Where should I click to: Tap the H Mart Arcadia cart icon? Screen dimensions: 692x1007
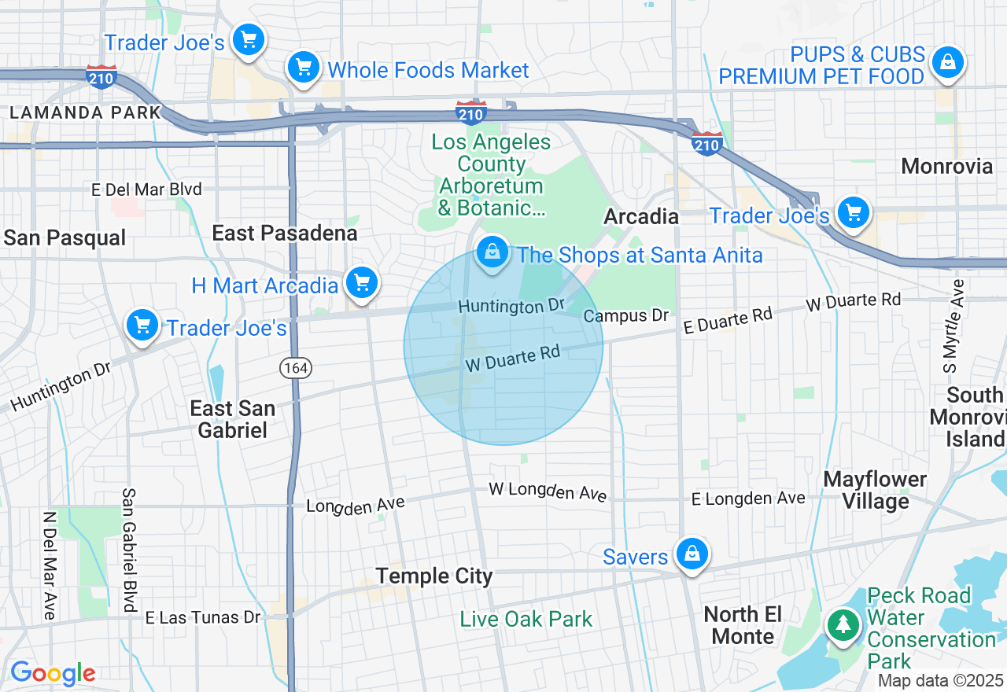click(362, 283)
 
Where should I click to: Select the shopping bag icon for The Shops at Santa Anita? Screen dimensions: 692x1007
click(492, 253)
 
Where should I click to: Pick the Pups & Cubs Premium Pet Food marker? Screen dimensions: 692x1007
click(948, 63)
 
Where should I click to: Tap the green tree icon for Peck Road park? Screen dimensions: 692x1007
click(843, 625)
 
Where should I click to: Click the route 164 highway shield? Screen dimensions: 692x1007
click(297, 367)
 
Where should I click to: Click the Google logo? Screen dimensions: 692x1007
click(53, 673)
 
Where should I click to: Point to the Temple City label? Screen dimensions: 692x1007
click(433, 576)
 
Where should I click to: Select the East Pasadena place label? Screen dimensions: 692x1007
click(285, 233)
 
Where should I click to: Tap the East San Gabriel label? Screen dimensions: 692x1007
click(233, 419)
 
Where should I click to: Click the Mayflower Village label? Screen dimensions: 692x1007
click(875, 490)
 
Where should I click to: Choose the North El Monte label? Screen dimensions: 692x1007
click(743, 625)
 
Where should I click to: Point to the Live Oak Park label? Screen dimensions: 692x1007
click(526, 620)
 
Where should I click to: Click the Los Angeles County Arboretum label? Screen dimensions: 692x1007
click(492, 175)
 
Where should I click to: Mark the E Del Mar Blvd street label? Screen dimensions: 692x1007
click(146, 190)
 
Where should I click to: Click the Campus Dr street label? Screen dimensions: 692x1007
click(625, 316)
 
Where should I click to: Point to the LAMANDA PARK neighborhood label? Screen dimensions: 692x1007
click(85, 112)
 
